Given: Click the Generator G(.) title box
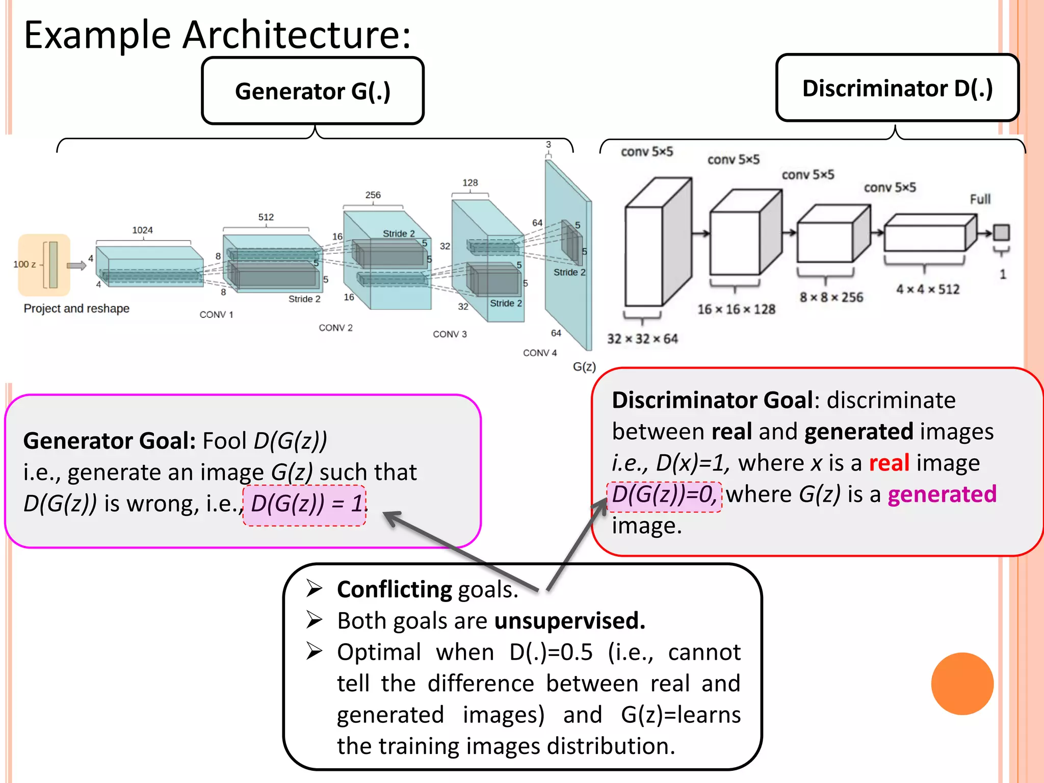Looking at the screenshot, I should (312, 91).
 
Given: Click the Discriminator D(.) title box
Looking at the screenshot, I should (897, 88).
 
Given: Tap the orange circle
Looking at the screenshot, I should (962, 684).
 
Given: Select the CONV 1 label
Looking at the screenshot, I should (216, 315).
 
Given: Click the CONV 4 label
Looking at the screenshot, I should (540, 353).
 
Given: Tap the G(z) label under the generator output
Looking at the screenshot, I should (584, 367).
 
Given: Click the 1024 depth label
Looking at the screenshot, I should (142, 230).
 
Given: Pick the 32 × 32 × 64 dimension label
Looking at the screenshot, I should (642, 339).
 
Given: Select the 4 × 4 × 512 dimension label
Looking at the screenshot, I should (928, 290).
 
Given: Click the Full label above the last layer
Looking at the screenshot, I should (980, 199).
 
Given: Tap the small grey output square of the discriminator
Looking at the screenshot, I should (1001, 232).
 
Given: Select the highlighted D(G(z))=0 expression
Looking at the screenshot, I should (664, 495).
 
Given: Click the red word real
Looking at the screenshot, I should (889, 463).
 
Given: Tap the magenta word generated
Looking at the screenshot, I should (942, 494).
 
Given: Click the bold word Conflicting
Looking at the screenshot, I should (394, 589).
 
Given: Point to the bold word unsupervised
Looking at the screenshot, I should (569, 621).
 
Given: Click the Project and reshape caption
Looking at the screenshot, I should (76, 308).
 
